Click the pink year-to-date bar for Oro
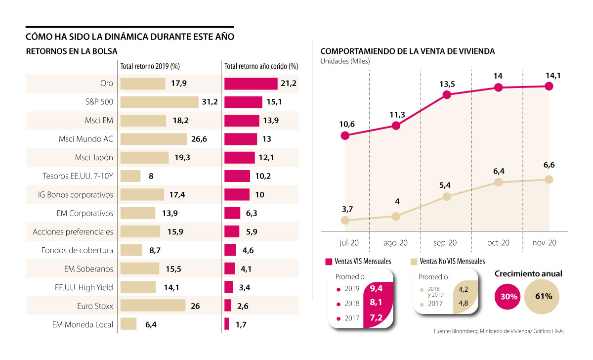point(251,84)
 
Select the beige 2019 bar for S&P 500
point(159,102)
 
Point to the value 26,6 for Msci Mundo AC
point(199,139)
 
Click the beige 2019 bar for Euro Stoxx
point(153,306)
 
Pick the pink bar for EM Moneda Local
point(227,324)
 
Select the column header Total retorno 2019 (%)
point(150,66)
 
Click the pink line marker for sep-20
point(447,94)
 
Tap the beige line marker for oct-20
point(498,182)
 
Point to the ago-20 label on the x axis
point(396,243)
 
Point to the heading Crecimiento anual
point(528,273)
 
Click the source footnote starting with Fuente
point(498,331)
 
